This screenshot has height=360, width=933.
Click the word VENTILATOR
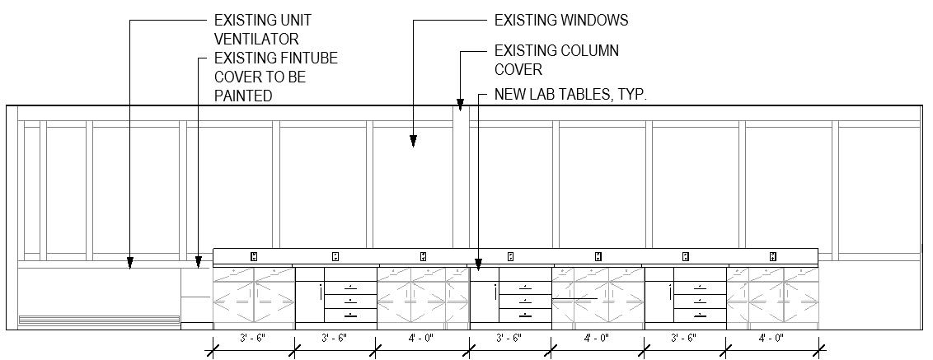click(x=256, y=39)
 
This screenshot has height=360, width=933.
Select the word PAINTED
click(x=243, y=96)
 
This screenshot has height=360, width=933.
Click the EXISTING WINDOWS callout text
click(x=560, y=20)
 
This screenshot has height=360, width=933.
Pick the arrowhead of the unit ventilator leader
click(x=129, y=264)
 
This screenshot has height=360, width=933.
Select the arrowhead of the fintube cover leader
click(x=198, y=263)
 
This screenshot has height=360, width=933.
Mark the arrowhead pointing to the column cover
click(x=461, y=105)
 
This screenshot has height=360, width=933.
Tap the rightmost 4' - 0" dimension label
click(x=772, y=338)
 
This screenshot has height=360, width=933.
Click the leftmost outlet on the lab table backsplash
click(x=254, y=256)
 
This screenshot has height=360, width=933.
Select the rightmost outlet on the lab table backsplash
click(x=772, y=256)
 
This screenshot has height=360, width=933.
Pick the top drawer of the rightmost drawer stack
click(x=699, y=288)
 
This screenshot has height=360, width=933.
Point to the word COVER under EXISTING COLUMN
click(x=518, y=70)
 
